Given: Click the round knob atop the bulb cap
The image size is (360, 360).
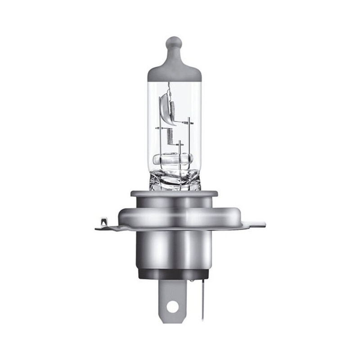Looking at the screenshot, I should coord(174,44).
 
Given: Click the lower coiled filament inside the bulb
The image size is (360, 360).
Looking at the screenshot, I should coord(170,135).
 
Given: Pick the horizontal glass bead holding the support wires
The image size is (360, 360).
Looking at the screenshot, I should coord(173,158).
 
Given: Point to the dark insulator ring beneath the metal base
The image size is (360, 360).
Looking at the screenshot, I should coord(174,274).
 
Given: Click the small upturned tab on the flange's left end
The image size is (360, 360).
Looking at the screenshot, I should coord(104,221).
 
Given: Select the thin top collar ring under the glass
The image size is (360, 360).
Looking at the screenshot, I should coord(174,193).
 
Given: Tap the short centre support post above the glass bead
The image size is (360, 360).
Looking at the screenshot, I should coord(180,148).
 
